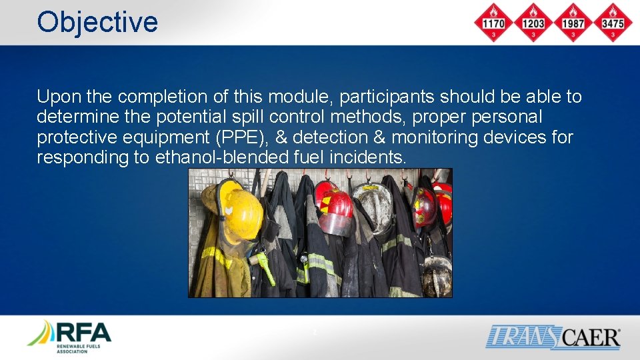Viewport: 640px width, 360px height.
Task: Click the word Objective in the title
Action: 97,22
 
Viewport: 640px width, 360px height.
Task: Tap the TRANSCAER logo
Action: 553,337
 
